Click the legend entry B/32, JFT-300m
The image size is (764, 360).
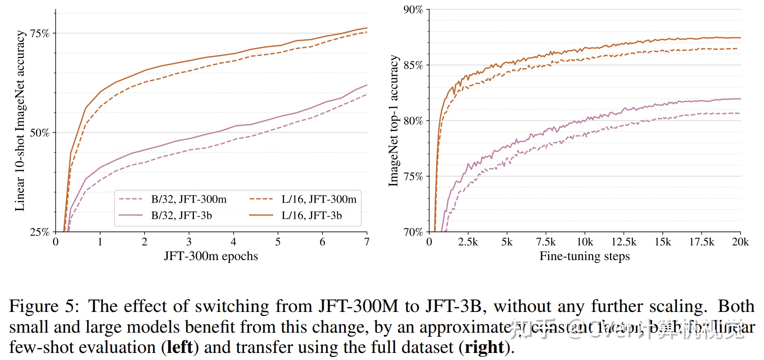[188, 199]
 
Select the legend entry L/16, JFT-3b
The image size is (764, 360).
[311, 216]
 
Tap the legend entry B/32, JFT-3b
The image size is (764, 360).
[181, 216]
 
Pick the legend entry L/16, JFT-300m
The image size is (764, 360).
[319, 199]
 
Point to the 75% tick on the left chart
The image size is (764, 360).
[40, 33]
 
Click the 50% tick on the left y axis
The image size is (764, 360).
[40, 133]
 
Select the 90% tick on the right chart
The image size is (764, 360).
[413, 10]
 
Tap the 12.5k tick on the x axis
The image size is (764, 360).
[624, 242]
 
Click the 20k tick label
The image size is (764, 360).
[740, 242]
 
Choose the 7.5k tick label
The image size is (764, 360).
[545, 242]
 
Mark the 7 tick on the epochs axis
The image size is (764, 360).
[367, 242]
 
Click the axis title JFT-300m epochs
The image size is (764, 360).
[211, 256]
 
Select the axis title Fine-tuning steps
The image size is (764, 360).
[585, 256]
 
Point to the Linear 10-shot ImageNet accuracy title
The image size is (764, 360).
[20, 121]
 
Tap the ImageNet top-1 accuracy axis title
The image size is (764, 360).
[393, 121]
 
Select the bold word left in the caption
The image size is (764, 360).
[180, 348]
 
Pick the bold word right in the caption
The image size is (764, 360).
[484, 348]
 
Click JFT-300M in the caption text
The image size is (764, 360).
[358, 307]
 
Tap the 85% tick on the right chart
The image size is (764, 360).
[413, 65]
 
